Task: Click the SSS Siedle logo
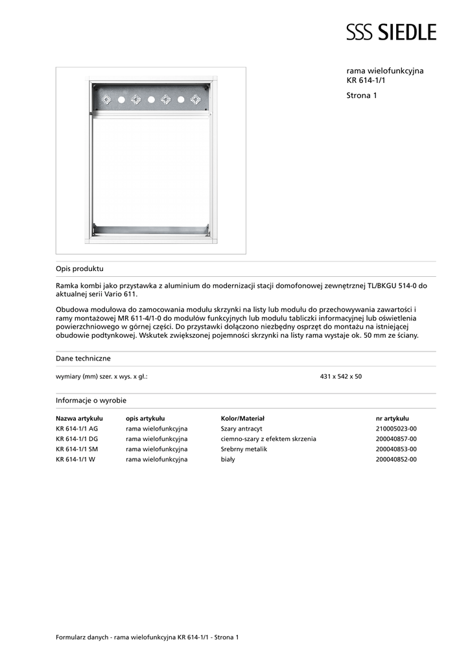click(x=391, y=32)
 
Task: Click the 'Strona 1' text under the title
click(x=362, y=95)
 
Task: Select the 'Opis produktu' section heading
click(x=80, y=268)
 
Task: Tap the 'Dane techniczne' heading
click(x=83, y=358)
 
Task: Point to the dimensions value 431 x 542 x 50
click(x=341, y=376)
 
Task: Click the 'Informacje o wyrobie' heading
click(x=91, y=400)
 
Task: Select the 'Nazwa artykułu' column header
click(x=79, y=419)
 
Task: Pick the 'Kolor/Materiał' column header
click(x=242, y=419)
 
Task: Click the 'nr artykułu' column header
click(x=392, y=419)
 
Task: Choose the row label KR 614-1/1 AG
click(x=77, y=429)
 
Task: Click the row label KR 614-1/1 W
click(x=76, y=459)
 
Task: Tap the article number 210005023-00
click(x=396, y=429)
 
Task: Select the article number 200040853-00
click(x=396, y=449)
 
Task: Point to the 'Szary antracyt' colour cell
click(x=241, y=429)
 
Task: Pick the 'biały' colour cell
click(x=228, y=459)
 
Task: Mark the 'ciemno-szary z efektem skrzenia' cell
click(x=268, y=439)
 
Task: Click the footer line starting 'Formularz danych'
click(x=147, y=637)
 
